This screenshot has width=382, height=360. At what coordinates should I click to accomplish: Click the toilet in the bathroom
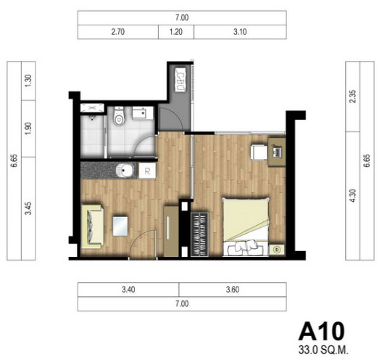119,116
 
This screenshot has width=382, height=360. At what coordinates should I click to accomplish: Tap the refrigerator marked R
147,171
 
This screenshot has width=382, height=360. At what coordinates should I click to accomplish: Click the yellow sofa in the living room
92,226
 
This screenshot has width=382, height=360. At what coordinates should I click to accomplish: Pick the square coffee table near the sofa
120,226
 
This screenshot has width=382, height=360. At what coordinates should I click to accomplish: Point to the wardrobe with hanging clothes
200,234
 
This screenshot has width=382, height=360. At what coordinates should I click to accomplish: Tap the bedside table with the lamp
277,249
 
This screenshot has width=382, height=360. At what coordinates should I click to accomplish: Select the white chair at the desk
259,152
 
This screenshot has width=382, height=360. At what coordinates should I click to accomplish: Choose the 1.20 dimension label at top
176,32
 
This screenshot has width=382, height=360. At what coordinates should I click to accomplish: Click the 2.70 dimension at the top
118,32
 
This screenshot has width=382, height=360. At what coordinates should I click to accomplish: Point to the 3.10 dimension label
240,32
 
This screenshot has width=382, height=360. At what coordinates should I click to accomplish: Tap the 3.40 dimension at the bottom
128,290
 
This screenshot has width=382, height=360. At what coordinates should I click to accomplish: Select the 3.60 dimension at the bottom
233,290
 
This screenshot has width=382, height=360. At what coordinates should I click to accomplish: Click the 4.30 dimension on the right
352,196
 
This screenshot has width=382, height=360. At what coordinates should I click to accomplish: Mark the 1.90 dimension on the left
28,128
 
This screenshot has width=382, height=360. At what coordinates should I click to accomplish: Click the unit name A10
322,331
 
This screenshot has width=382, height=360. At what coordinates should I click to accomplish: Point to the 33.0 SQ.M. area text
323,351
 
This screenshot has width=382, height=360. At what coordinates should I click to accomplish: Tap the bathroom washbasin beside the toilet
139,113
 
